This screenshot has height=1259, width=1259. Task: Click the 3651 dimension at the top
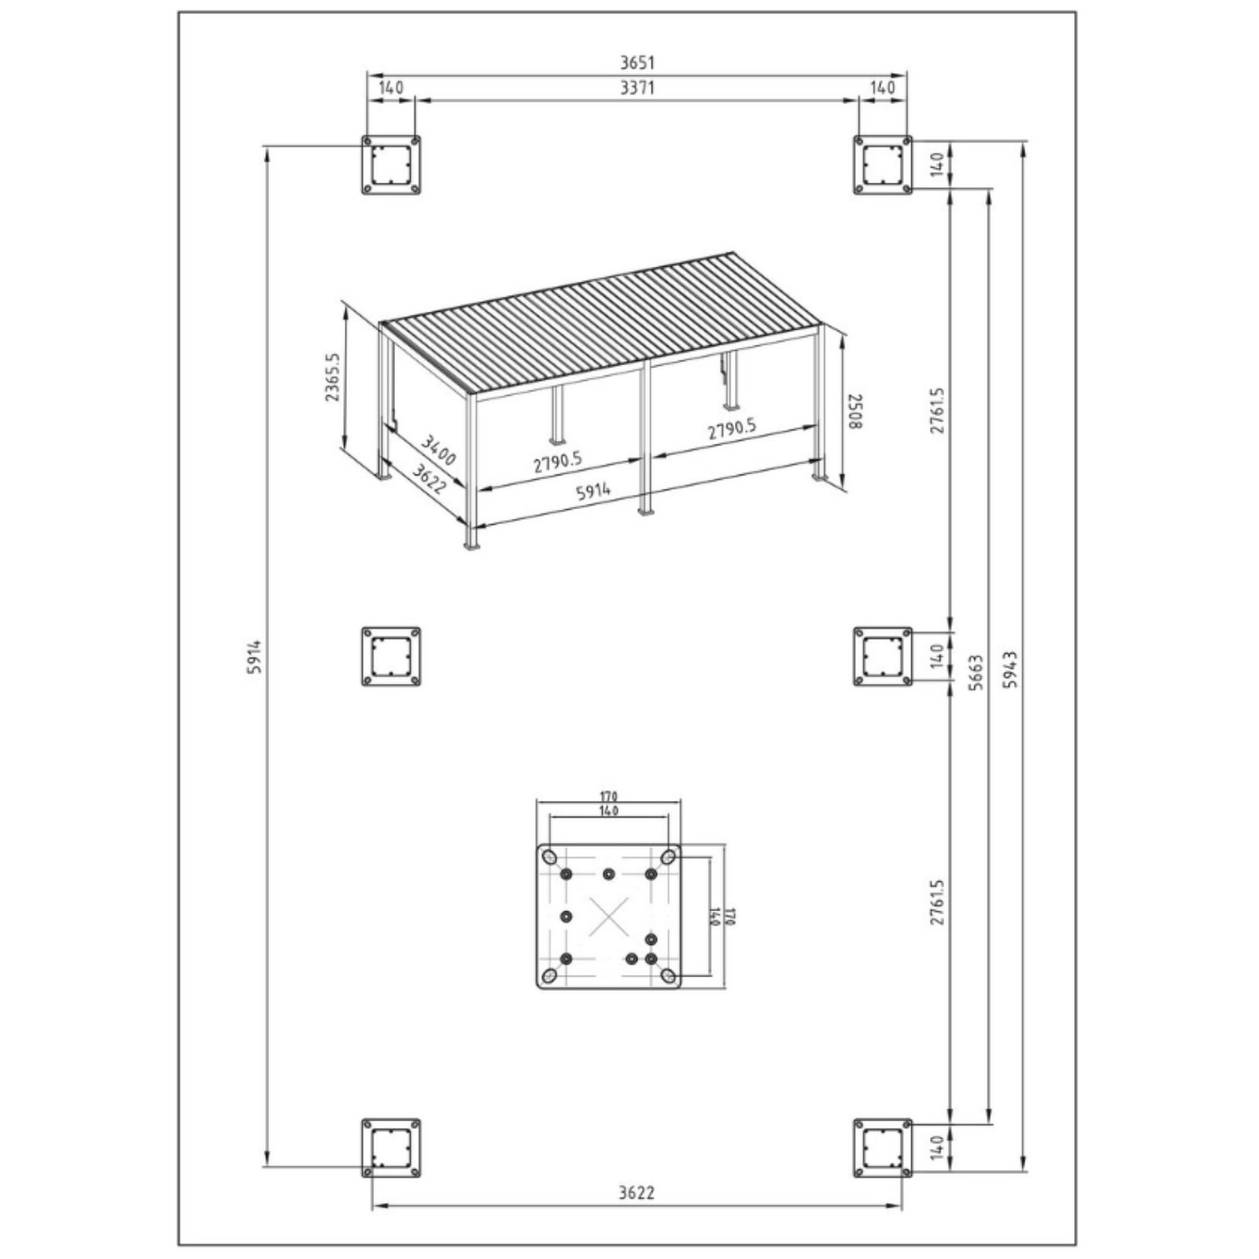click(x=636, y=62)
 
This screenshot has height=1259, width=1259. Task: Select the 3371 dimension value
click(x=637, y=87)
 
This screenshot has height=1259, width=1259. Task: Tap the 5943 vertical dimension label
click(x=1010, y=669)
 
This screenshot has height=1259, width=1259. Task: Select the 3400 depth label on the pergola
click(x=438, y=449)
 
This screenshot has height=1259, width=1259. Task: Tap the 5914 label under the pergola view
click(x=593, y=492)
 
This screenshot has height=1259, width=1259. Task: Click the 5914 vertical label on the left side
click(x=253, y=655)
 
